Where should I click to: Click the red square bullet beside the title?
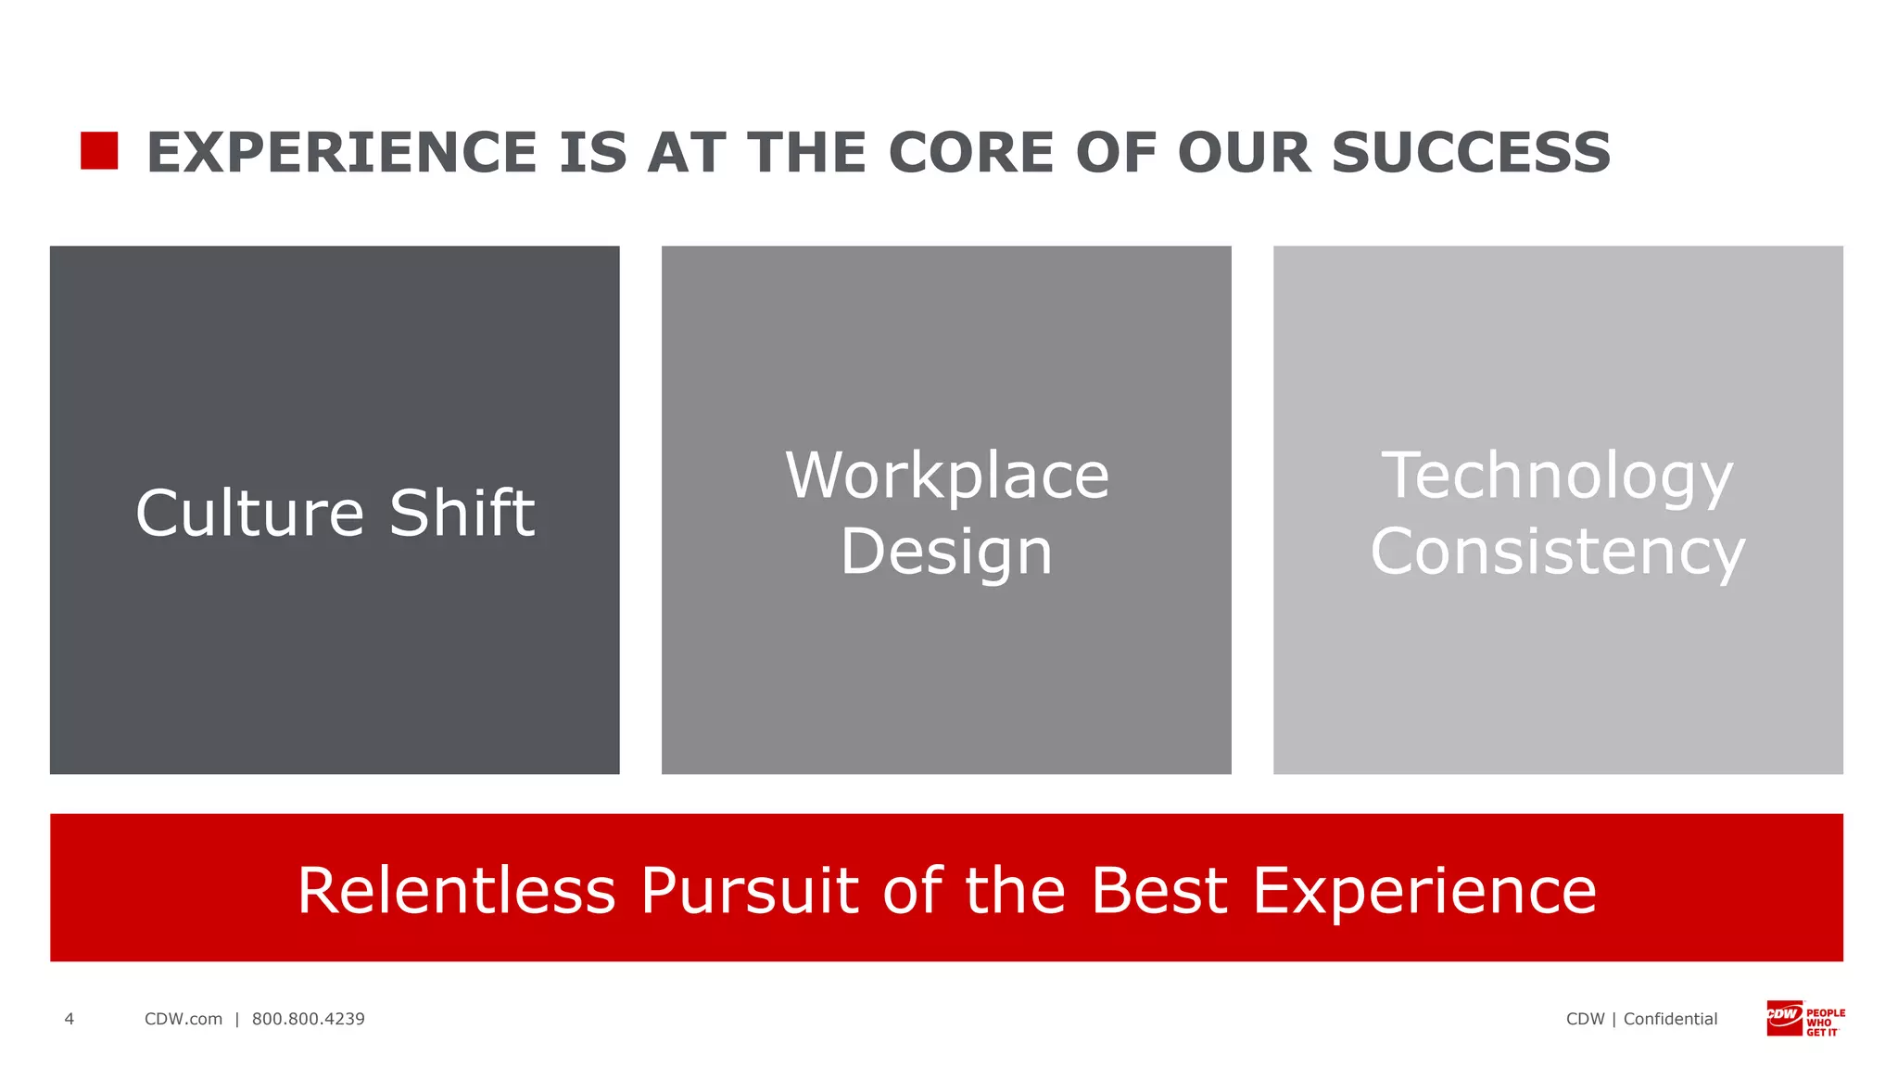(99, 151)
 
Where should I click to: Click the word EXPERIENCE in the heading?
(342, 153)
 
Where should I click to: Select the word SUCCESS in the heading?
(1471, 153)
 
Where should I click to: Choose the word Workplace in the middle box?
(946, 477)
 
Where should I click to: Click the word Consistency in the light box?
(1557, 553)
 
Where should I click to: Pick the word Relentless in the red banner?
(456, 892)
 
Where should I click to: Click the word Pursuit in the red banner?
(750, 892)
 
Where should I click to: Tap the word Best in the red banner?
(1158, 892)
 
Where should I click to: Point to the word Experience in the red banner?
(1424, 892)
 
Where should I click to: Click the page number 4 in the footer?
(69, 1019)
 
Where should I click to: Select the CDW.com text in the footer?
(183, 1019)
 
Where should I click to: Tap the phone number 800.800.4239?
(309, 1019)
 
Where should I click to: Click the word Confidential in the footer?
(1670, 1019)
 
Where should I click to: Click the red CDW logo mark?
(1784, 1017)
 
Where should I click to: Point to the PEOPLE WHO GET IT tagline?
(1825, 1023)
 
